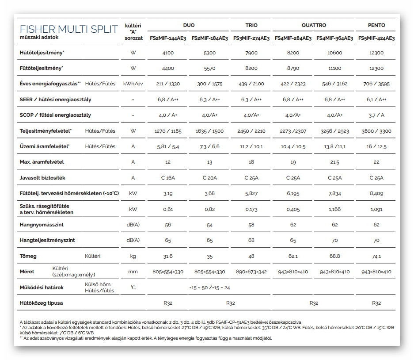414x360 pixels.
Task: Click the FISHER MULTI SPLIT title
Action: pos(69,30)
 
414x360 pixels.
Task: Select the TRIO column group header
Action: pos(251,25)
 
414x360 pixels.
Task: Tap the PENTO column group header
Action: pos(376,25)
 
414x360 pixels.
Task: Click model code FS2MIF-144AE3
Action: pos(168,38)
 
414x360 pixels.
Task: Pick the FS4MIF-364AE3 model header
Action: pos(335,38)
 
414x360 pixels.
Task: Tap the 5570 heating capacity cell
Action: pos(209,69)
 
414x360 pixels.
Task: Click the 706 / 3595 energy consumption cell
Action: pos(376,84)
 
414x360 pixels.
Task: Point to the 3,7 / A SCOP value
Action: pos(376,115)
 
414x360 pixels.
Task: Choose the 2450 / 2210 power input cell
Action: pos(251,131)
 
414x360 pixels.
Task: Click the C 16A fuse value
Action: pos(168,178)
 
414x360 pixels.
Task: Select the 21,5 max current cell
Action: pos(335,162)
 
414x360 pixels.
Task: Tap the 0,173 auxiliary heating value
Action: pos(251,209)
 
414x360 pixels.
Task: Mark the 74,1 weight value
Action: pos(376,256)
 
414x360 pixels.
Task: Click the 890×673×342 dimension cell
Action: pos(251,272)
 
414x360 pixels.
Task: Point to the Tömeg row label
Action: pos(28,256)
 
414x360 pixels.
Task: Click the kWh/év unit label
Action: pos(133,84)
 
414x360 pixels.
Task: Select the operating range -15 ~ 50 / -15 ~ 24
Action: pos(209,287)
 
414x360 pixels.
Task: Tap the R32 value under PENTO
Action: pos(376,303)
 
